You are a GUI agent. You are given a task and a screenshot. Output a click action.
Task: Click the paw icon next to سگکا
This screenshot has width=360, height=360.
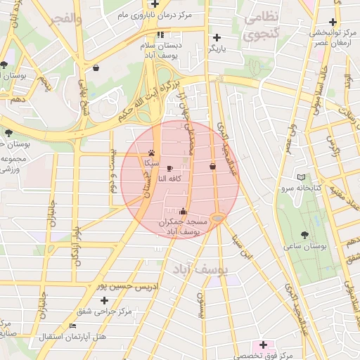(152, 152)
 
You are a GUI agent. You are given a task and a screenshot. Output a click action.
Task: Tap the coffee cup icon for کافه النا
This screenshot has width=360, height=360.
(169, 168)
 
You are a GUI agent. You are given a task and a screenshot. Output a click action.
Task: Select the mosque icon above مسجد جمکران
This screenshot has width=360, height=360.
(184, 210)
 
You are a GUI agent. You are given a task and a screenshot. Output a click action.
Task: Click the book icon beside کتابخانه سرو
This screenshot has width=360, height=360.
(302, 177)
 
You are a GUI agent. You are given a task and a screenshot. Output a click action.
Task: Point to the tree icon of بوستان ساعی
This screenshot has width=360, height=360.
(304, 235)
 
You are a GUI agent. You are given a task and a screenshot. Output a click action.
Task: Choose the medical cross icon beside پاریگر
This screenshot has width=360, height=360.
(217, 37)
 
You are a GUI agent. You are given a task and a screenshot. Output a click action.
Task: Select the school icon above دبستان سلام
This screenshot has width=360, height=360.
(161, 34)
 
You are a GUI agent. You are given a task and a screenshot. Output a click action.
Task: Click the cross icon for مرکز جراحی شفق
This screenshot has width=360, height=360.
(105, 300)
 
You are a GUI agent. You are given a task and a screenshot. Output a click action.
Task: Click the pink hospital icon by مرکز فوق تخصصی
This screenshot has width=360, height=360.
(264, 345)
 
